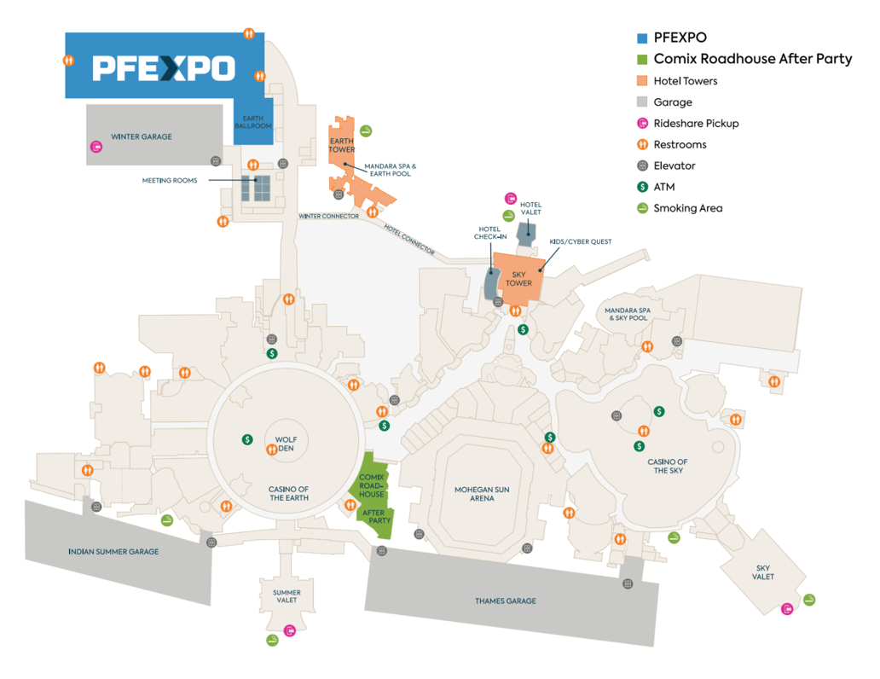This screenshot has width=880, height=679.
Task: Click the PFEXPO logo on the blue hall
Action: (163, 68)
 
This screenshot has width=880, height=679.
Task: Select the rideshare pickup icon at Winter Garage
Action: (96, 148)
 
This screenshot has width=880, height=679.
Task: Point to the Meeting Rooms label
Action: (170, 180)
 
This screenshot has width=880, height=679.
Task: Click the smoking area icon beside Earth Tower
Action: (365, 131)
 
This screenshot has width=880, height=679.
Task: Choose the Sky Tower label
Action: (518, 278)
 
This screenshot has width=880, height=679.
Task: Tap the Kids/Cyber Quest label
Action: (581, 242)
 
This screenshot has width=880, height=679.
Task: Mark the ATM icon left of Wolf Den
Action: (247, 439)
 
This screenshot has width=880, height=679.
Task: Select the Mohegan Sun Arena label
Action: (482, 493)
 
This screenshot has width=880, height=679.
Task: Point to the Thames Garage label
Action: (506, 601)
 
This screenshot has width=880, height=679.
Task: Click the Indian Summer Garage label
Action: (113, 552)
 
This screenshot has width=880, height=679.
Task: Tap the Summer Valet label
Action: (287, 595)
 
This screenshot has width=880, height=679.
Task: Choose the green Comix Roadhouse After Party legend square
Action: (642, 59)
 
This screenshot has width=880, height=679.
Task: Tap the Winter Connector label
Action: (328, 216)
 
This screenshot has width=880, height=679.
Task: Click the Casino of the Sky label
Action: (667, 466)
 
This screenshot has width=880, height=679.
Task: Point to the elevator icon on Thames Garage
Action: (628, 584)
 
